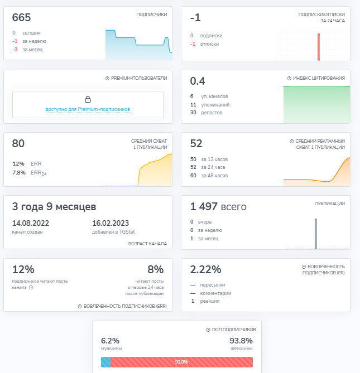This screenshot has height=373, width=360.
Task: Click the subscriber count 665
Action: pos(21,18)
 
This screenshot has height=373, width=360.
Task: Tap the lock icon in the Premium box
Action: pos(88,99)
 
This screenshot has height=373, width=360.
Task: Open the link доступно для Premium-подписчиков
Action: pos(88,109)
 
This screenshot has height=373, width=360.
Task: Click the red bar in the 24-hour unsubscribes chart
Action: pos(319,47)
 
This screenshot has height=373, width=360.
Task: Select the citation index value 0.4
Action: pos(198,81)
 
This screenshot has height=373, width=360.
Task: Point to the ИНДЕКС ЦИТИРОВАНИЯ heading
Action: pos(319,78)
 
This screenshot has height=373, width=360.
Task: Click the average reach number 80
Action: pos(18,143)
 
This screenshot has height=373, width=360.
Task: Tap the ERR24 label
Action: pos(39,173)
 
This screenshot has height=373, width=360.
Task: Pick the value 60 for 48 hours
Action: pos(193,175)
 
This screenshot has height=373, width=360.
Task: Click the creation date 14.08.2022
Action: pos(31,223)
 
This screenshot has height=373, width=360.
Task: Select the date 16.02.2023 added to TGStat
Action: pos(111,223)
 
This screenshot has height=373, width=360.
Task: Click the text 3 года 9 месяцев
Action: pos(54,206)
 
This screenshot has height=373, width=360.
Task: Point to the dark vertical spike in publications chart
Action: pos(316,234)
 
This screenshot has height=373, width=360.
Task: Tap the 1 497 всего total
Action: pos(218,206)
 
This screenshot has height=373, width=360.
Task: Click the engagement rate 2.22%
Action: pos(205,269)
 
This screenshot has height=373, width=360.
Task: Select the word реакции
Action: pos(210,301)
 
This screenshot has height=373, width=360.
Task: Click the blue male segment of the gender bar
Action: pos(105,362)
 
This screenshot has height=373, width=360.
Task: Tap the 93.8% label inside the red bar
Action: pos(181,362)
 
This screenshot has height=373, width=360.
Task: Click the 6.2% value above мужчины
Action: pos(110,341)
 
